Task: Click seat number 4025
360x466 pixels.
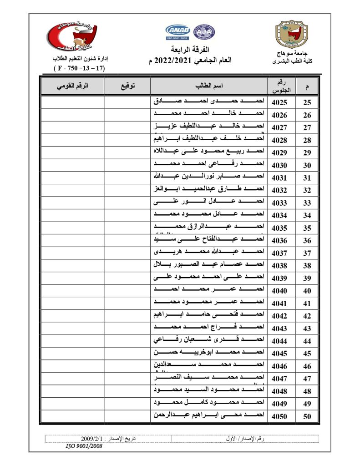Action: click(279, 102)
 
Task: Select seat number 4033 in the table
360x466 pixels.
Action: click(279, 203)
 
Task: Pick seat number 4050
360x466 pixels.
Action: click(279, 416)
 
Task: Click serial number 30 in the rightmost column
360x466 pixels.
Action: click(307, 166)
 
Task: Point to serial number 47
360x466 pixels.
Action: click(307, 379)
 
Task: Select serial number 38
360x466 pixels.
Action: click(307, 266)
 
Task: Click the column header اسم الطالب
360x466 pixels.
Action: click(209, 86)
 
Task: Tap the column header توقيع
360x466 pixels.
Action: click(127, 86)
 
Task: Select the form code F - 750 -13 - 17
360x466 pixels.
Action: click(79, 68)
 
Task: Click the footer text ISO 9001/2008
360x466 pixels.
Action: click(84, 446)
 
